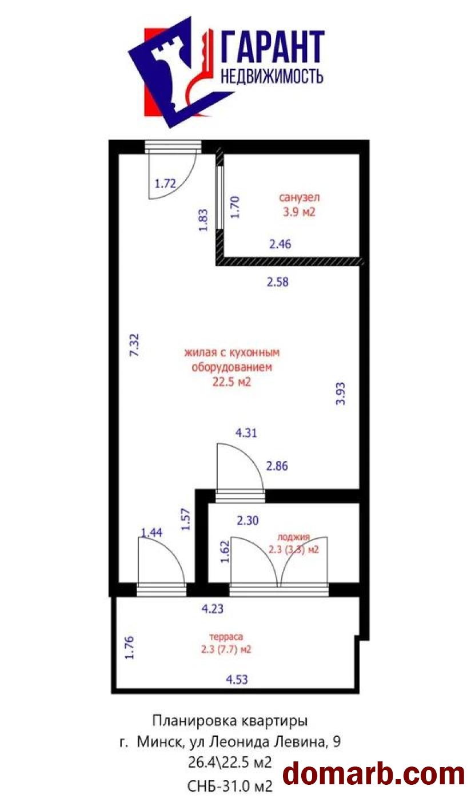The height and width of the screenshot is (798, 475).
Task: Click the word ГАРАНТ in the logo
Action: pos(273,47)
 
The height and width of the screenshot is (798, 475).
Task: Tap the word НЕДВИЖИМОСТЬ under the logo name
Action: pos(273,76)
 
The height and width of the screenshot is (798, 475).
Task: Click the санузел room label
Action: pos(299,197)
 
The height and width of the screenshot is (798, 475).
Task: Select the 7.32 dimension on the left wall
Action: pos(134,345)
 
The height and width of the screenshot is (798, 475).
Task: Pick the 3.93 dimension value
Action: pos(341,394)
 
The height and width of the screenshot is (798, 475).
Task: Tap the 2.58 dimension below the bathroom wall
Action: pos(278,282)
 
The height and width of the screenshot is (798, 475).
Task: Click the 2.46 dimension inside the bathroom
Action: pos(280,244)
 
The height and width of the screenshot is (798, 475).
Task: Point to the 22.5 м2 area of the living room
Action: pos(232,382)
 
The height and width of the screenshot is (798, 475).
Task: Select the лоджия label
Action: pos(294,537)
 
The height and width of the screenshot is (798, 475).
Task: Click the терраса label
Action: pos(226,637)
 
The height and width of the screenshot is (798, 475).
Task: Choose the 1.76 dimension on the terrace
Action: pos(129,648)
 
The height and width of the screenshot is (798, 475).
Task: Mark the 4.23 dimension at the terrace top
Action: pos(213,609)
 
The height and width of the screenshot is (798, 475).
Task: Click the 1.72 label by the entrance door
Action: pos(165,184)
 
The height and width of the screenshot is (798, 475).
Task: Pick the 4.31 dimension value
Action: pos(246,433)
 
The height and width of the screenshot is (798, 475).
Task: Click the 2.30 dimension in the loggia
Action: pos(248,521)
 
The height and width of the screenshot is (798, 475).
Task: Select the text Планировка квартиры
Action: pos(230,721)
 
